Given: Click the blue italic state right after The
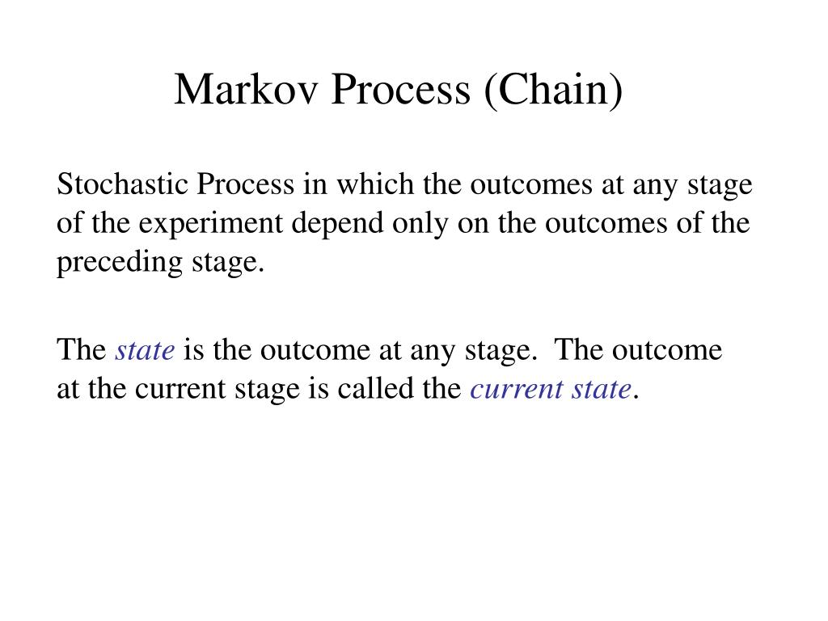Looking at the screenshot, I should point(146,350).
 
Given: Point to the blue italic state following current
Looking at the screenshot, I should point(600,389).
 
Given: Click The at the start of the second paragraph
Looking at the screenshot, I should point(81,350).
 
